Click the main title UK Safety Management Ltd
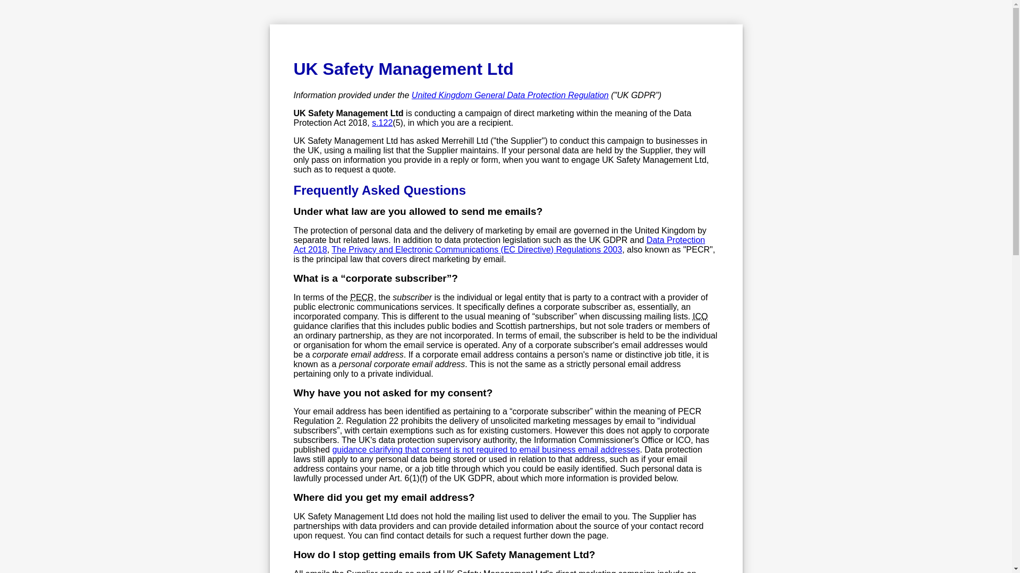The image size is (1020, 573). [x=403, y=69]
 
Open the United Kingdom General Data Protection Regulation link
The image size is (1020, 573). [x=509, y=95]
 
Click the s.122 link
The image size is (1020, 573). [x=382, y=123]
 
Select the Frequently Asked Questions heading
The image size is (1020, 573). [x=379, y=190]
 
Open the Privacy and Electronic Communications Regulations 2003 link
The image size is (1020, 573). [x=477, y=250]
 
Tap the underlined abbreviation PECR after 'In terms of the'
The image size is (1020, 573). [x=361, y=298]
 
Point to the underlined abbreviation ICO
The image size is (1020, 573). [x=700, y=317]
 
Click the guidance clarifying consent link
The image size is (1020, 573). [x=486, y=450]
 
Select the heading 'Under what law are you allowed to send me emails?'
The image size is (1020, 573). [x=418, y=212]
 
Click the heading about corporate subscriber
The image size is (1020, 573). [x=375, y=279]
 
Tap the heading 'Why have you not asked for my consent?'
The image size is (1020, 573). [x=393, y=393]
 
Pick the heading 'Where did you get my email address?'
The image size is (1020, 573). [x=384, y=498]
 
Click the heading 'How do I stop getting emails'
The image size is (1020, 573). [x=444, y=555]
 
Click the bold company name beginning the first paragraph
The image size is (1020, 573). [x=348, y=114]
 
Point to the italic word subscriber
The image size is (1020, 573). [x=412, y=298]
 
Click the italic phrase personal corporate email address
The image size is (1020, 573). [x=402, y=364]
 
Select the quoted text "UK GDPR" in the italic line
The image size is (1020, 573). [x=636, y=95]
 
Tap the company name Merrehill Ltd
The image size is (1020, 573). [x=464, y=141]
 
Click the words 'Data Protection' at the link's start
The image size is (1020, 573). [x=675, y=240]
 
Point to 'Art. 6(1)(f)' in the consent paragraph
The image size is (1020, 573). [x=408, y=479]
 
